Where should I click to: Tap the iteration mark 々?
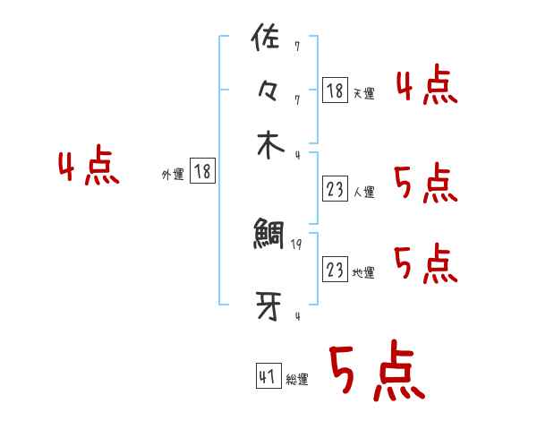click(x=268, y=93)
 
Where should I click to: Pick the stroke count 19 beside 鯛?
click(x=296, y=244)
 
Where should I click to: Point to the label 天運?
click(x=363, y=93)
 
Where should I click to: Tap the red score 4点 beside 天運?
click(x=427, y=87)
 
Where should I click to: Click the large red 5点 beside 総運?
click(x=376, y=372)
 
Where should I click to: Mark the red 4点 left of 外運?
click(x=88, y=168)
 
